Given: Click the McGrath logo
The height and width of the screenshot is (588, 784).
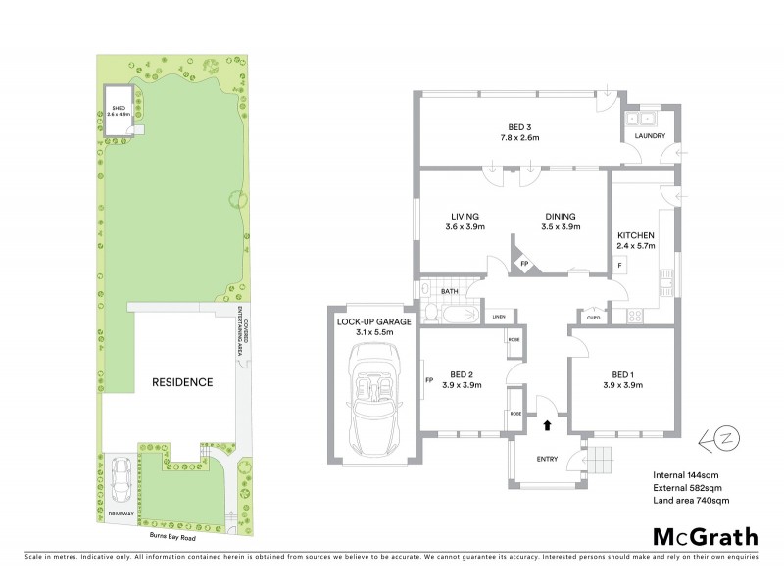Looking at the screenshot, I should point(706,536).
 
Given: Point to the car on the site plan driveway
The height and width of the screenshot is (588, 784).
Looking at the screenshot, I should point(122,477).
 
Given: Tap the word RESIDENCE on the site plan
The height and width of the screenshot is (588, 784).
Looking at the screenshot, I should point(181,382).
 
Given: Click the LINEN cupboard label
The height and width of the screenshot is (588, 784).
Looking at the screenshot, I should point(499,317).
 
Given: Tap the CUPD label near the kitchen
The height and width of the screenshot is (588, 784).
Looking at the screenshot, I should point(593,317).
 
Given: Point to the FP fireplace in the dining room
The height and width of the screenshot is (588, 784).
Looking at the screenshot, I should point(524,264).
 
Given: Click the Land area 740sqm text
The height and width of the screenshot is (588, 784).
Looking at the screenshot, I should point(691,501).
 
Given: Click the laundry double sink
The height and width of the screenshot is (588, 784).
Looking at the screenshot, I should point(642,119).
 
